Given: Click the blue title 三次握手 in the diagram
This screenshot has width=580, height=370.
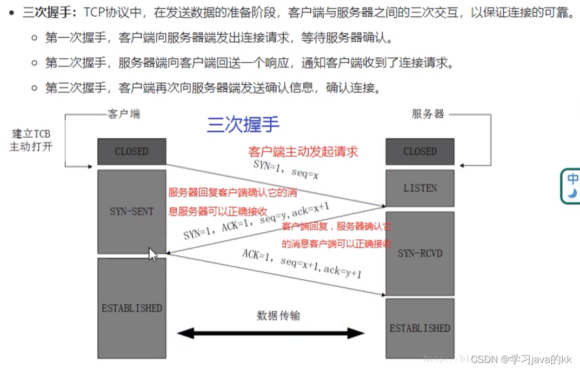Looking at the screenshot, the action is (x=243, y=125).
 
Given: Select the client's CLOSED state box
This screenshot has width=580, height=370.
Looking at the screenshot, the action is (x=131, y=152).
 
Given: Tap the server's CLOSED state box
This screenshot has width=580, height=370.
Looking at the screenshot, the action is (x=419, y=152).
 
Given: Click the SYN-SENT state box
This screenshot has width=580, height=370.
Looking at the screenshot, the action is (x=131, y=211).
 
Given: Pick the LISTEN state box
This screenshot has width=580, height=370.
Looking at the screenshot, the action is (x=419, y=188).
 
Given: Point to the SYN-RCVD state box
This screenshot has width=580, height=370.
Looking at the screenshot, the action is (x=419, y=253).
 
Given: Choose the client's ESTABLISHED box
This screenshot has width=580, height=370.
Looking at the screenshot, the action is (x=131, y=308).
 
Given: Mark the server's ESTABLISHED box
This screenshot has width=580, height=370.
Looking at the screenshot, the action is (x=419, y=328).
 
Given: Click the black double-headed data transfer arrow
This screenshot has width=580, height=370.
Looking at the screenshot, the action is (x=271, y=333).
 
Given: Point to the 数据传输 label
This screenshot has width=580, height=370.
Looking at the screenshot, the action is (x=278, y=315).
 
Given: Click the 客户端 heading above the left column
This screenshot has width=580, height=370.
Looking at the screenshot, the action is (x=123, y=114).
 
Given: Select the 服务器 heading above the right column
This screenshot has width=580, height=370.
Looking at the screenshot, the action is (x=428, y=114).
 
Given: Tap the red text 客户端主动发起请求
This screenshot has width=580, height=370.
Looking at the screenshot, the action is (x=303, y=151).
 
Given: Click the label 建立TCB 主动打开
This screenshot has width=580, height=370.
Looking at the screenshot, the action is (x=31, y=140).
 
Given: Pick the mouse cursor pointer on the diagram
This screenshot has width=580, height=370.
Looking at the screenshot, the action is (x=152, y=254).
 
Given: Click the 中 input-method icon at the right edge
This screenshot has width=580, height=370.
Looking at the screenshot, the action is (x=572, y=185).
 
